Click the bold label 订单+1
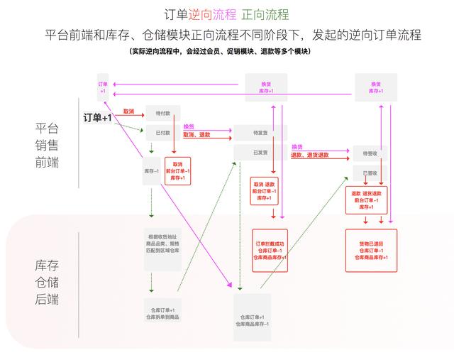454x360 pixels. coord(98,117)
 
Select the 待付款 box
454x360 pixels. coord(163,113)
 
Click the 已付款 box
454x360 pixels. coord(163,132)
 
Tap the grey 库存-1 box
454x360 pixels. coord(150,171)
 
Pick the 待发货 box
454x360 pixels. coord(260,133)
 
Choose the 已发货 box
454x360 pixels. coord(260,152)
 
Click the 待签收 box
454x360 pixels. coord(370,153)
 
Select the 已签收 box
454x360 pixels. coord(370,173)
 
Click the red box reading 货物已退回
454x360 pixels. coord(370,250)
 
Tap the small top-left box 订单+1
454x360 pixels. coord(103,87)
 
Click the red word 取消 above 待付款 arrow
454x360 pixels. coord(129,111)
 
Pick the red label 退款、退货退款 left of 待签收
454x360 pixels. coord(309,155)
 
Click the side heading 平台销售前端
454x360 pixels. coord(47,145)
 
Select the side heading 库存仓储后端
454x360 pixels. coord(47,282)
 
